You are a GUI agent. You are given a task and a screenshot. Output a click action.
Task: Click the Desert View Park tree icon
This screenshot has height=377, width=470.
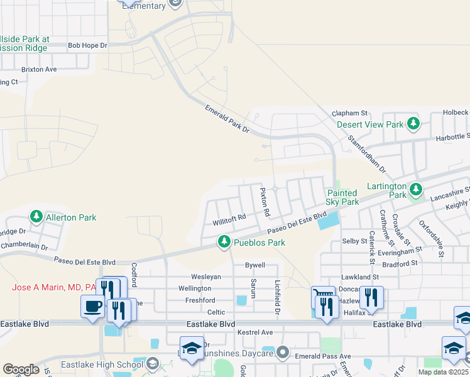pos(413,124)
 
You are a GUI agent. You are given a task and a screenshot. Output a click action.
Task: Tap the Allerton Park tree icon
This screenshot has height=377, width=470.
pos(37,217)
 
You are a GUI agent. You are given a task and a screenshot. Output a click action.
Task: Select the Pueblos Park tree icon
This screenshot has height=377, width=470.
pos(224,242)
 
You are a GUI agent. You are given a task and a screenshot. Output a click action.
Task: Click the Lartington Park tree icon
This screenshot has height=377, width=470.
pos(415,189)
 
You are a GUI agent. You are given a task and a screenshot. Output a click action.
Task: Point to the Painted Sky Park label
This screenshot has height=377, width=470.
pos(342,197)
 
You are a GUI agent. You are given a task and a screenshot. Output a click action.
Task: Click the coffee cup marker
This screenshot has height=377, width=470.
pos(93,307)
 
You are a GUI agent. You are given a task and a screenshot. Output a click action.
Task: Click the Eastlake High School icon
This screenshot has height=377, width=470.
pos(153,364)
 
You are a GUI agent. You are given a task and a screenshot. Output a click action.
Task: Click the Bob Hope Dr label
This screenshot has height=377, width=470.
pos(87,45)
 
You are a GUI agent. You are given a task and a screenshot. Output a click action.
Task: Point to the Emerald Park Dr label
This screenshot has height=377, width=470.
pos(227,119)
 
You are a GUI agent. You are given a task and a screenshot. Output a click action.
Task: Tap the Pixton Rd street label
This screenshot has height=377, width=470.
pos(265,202)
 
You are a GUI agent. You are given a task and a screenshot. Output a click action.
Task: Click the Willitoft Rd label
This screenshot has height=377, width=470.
pos(229,219)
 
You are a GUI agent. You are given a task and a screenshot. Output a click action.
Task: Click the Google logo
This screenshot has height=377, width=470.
pos(21,369)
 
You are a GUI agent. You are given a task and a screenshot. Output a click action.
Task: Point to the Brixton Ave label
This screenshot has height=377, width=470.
pos(39,69)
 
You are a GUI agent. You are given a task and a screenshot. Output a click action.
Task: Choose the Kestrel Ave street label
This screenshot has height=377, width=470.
pos(254,332)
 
